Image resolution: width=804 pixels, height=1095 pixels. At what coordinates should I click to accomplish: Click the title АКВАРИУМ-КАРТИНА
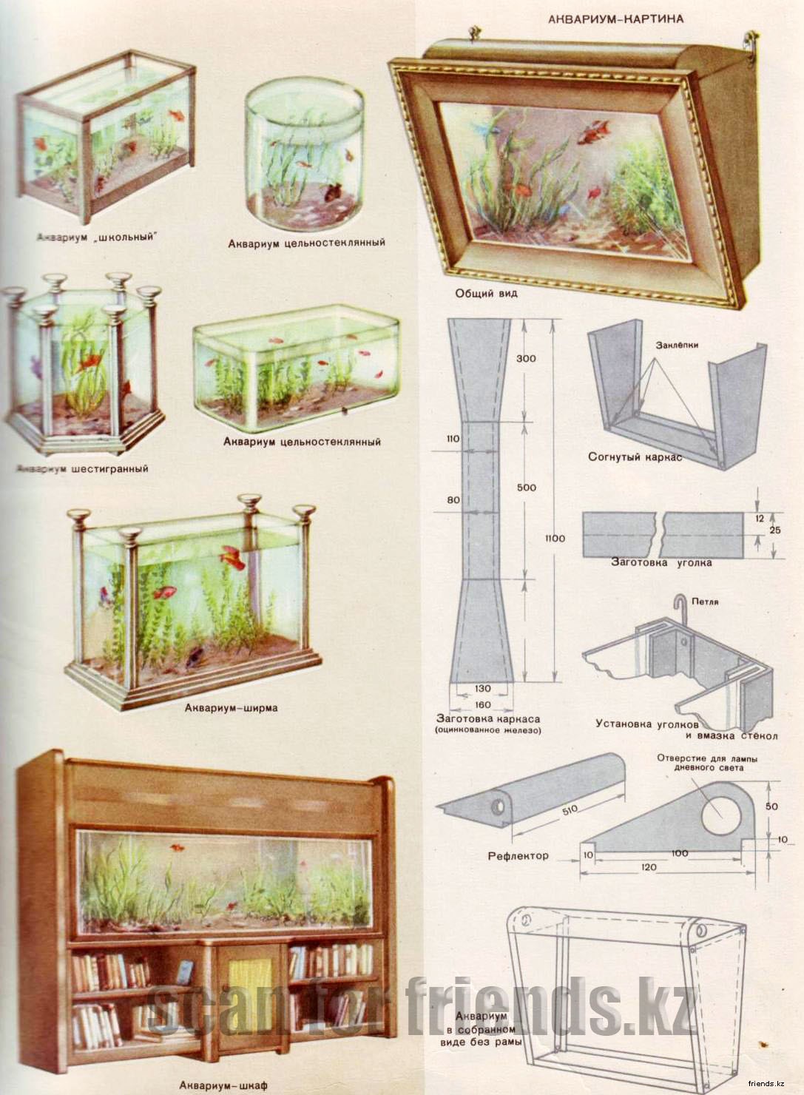tap(615, 19)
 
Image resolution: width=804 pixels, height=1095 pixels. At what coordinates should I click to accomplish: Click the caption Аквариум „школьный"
tap(98, 237)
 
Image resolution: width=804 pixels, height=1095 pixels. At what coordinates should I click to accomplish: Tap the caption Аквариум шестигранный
tap(82, 469)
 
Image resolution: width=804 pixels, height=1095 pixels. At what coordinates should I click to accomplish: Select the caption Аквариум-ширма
tap(232, 707)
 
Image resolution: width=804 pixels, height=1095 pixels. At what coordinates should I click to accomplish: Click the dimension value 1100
tap(555, 538)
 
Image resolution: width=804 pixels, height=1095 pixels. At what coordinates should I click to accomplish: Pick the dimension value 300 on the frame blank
tap(526, 358)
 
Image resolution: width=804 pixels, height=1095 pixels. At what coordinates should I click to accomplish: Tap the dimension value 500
tap(527, 488)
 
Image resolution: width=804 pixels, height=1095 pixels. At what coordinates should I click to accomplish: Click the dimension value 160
tap(482, 704)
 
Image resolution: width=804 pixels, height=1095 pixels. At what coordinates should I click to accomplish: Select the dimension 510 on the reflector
tap(570, 809)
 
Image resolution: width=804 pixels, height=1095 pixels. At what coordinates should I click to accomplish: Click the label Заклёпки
tap(677, 345)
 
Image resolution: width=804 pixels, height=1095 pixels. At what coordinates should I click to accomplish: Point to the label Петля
tap(705, 602)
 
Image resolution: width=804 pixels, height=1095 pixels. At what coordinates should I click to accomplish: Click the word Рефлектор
tap(518, 856)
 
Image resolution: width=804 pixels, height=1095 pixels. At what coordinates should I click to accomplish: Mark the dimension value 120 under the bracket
tap(649, 867)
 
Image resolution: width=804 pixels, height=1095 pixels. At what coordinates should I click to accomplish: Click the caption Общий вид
tap(486, 293)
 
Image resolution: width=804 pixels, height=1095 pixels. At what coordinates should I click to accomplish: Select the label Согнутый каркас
tap(635, 457)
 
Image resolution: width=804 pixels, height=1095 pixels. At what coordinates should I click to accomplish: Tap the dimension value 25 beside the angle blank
tap(775, 530)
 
